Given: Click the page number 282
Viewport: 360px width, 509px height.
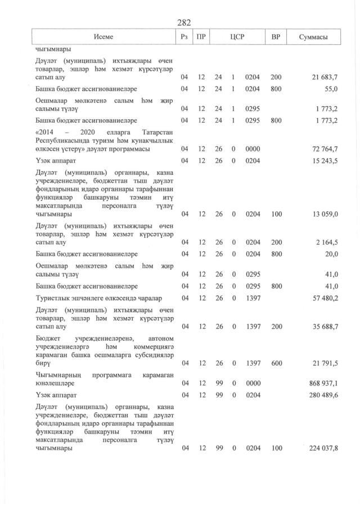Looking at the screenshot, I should pos(184,22).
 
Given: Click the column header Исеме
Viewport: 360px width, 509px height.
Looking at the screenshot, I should pos(104,37).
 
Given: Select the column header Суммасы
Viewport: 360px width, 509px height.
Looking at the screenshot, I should pos(314,37).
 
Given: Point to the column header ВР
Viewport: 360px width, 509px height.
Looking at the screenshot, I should pos(276,37).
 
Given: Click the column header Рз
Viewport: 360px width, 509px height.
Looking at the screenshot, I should pos(184,37).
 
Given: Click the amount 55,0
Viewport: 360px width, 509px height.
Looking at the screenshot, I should pos(331,89).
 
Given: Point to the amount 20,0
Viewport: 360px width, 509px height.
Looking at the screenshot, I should pos(331,254).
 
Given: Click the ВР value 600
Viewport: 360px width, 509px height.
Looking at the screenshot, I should pos(276,363).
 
